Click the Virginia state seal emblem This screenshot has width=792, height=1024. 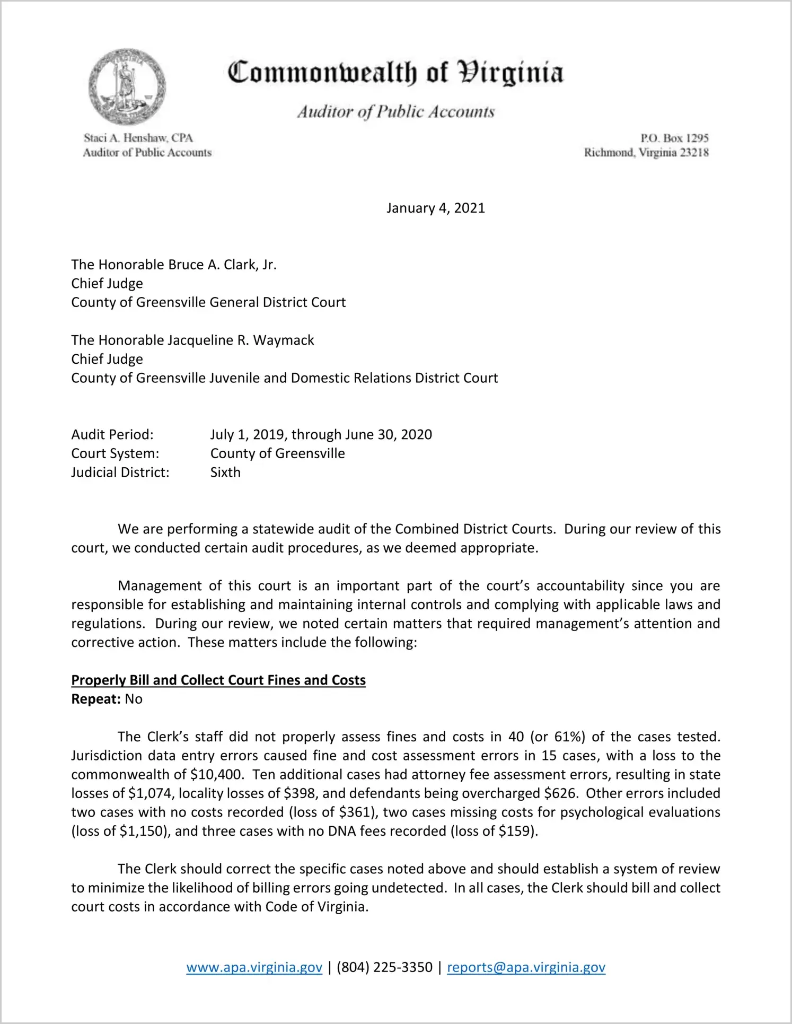click(127, 87)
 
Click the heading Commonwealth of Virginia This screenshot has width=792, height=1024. click(395, 73)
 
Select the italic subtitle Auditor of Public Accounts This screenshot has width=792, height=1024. click(395, 112)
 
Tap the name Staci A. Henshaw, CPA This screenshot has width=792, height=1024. click(138, 138)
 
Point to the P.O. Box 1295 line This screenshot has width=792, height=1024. click(674, 138)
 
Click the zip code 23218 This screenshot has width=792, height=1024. click(694, 153)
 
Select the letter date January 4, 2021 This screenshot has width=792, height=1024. click(435, 208)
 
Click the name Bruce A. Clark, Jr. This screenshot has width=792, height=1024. click(222, 265)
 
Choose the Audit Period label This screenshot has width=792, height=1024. click(112, 435)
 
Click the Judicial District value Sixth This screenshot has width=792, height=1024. click(225, 472)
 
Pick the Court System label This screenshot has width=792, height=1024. click(115, 454)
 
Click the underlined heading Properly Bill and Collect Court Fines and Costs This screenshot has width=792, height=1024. click(218, 680)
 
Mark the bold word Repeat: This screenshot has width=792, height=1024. click(96, 699)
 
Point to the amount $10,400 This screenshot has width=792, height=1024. click(217, 775)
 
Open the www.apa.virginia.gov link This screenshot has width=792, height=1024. click(254, 968)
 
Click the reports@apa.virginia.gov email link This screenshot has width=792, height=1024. click(526, 968)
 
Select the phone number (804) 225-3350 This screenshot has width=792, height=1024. click(384, 968)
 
